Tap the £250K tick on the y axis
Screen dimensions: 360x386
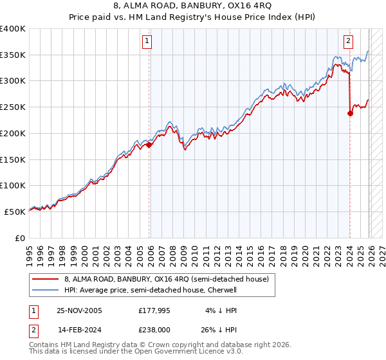[13, 107]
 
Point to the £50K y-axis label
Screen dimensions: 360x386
[15, 212]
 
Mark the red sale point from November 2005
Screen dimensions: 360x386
[149, 145]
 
